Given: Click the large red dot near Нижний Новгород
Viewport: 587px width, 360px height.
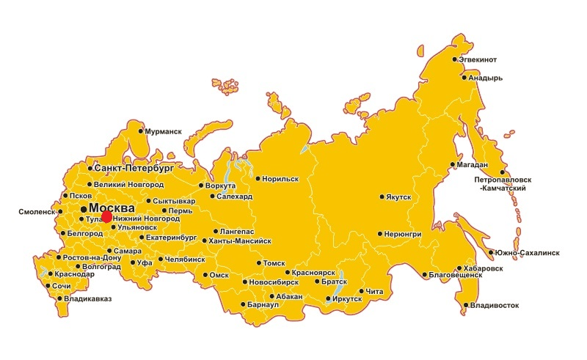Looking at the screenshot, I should tap(107, 216).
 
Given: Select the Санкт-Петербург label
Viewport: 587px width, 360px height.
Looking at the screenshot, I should tap(134, 168).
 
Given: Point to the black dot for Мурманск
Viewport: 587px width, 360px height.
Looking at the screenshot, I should tap(142, 131).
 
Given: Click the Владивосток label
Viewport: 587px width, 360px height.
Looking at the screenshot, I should tap(495, 304).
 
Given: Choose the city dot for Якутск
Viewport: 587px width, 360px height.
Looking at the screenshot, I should tap(382, 196).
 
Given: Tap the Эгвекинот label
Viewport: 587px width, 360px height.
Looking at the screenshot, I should tap(478, 59).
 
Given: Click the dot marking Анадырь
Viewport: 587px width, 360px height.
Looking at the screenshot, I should tap(463, 77).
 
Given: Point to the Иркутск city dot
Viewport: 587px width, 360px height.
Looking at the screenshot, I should tap(328, 298).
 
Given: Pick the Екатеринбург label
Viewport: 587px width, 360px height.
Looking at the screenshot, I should tap(172, 238).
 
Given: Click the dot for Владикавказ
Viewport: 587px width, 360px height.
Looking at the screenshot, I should tap(60, 298).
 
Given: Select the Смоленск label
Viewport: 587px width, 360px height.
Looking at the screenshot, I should tap(37, 212).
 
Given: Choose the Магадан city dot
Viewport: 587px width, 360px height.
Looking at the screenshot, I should tap(453, 165).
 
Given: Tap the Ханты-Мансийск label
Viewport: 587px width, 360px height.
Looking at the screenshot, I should tap(240, 240).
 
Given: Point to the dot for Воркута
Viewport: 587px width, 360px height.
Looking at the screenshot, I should tap(202, 185).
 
